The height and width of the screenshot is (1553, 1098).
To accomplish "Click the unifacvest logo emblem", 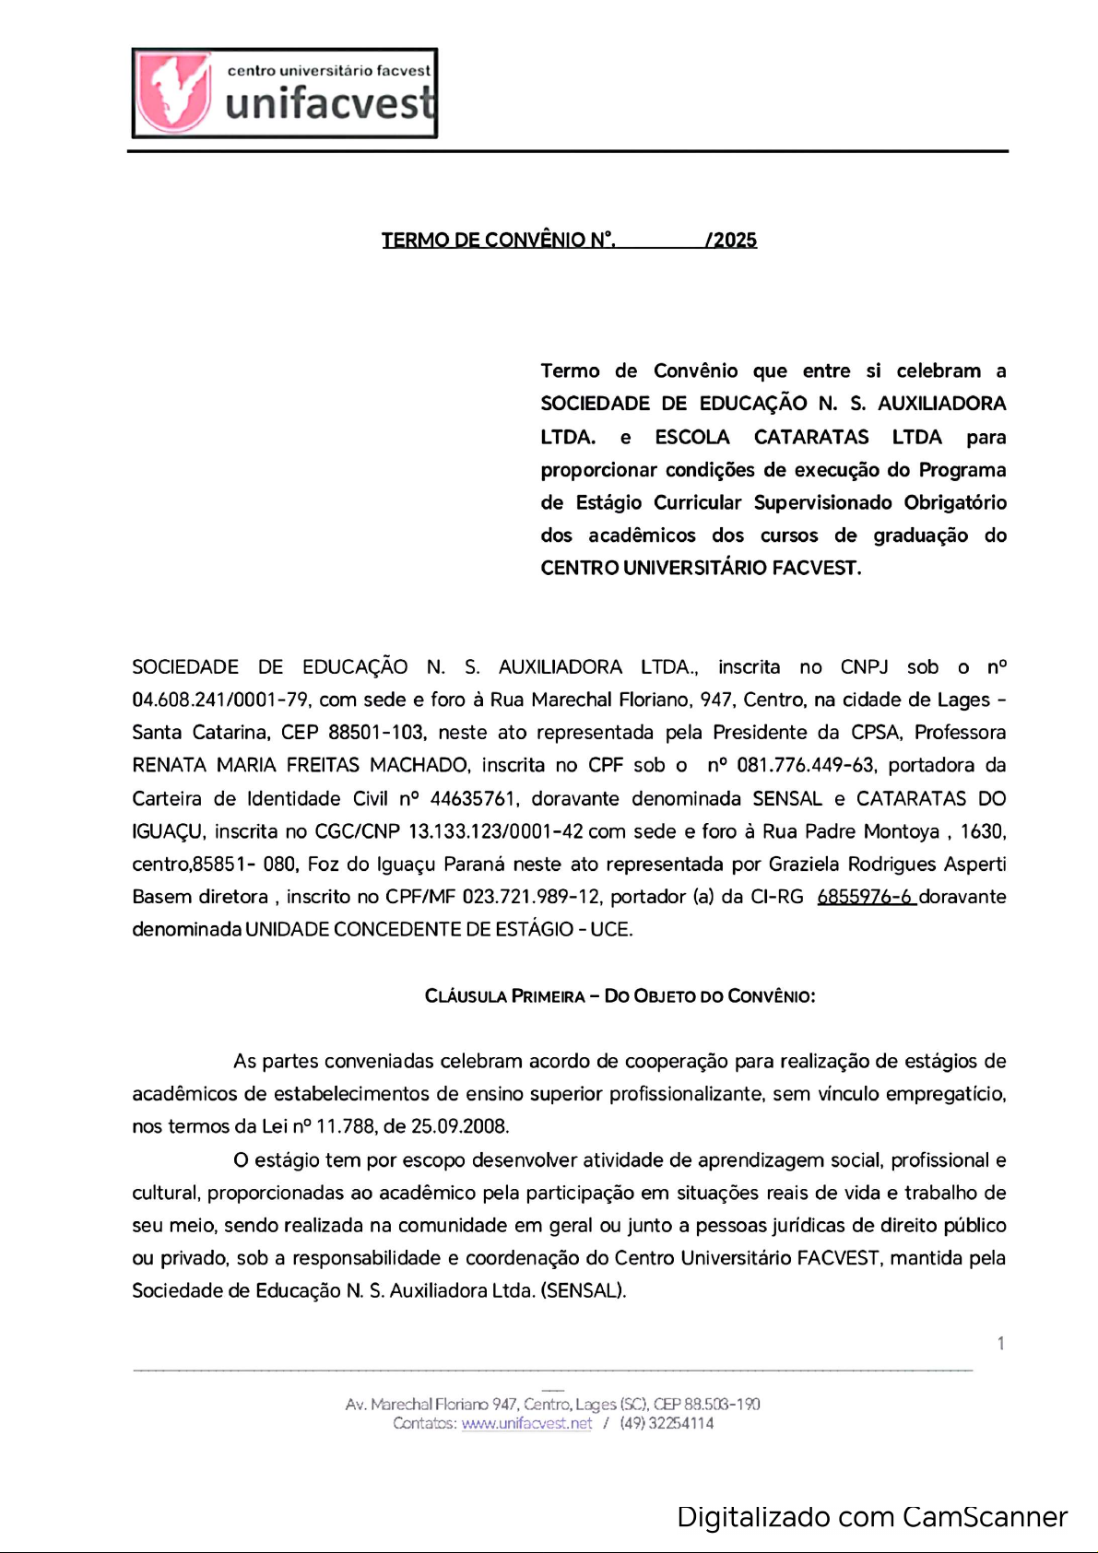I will point(174,92).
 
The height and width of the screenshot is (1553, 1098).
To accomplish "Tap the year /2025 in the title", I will point(731,241).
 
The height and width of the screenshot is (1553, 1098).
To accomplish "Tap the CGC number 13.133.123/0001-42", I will point(495,832).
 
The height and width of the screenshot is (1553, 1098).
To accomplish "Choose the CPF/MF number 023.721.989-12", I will point(531,897).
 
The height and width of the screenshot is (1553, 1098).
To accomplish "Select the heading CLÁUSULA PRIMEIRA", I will point(504,996).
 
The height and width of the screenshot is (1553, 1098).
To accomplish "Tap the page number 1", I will point(1000,1344).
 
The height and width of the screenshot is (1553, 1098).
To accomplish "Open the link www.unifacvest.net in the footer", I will point(526,1423).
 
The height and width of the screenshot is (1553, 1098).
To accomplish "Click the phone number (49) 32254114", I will point(667,1423).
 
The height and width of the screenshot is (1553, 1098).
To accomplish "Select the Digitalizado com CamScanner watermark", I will point(871,1517).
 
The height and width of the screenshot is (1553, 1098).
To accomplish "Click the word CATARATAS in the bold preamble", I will point(811,437).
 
